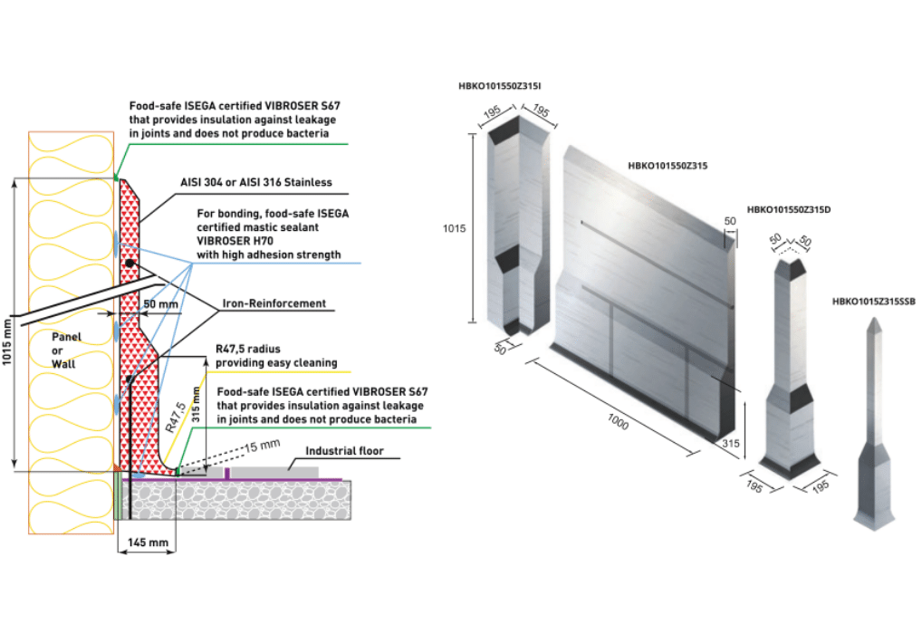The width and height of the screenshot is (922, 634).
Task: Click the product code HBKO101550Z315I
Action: point(500,87)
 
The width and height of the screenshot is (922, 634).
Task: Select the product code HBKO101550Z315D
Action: point(788,209)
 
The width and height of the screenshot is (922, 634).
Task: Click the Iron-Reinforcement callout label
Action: point(274,303)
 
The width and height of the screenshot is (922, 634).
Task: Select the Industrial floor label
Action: point(344,450)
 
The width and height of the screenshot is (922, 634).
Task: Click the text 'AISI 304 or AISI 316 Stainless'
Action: point(255,182)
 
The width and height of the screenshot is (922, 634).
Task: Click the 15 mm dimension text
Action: point(265,444)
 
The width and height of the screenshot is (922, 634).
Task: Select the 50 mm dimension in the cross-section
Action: point(160,304)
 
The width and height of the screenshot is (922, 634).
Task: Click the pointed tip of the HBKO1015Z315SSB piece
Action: point(876,322)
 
